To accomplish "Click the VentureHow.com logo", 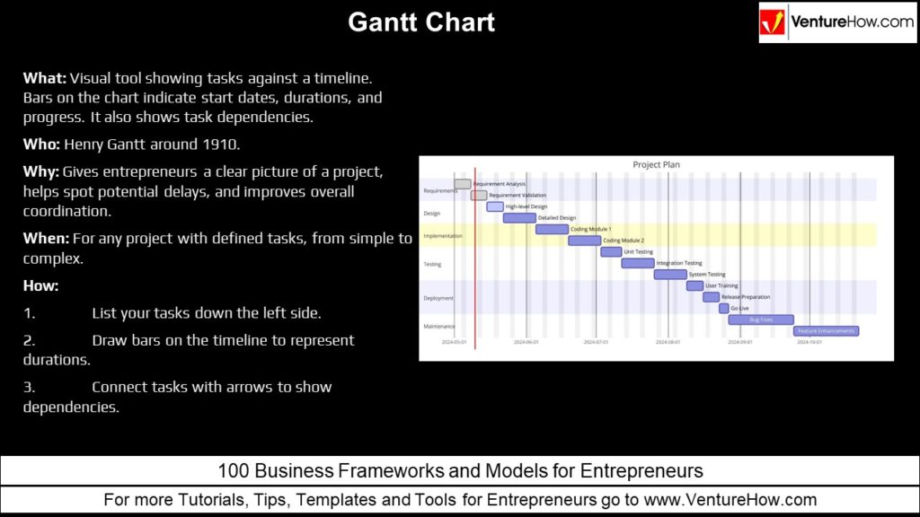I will click(836, 22).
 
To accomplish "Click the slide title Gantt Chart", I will click(421, 22).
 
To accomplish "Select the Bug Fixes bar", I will click(761, 320).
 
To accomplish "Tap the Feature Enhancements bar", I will click(826, 330).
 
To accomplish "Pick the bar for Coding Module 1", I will click(552, 229).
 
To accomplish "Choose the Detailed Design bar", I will click(519, 218).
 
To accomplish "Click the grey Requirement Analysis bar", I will click(463, 184).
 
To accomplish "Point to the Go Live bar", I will click(724, 308).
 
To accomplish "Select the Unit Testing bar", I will click(611, 252).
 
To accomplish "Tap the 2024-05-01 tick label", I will click(455, 342).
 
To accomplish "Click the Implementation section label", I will click(443, 236).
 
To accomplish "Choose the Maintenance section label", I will click(439, 326).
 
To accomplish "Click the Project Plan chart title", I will click(657, 165).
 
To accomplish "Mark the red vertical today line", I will click(475, 269).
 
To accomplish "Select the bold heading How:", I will click(40, 285).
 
